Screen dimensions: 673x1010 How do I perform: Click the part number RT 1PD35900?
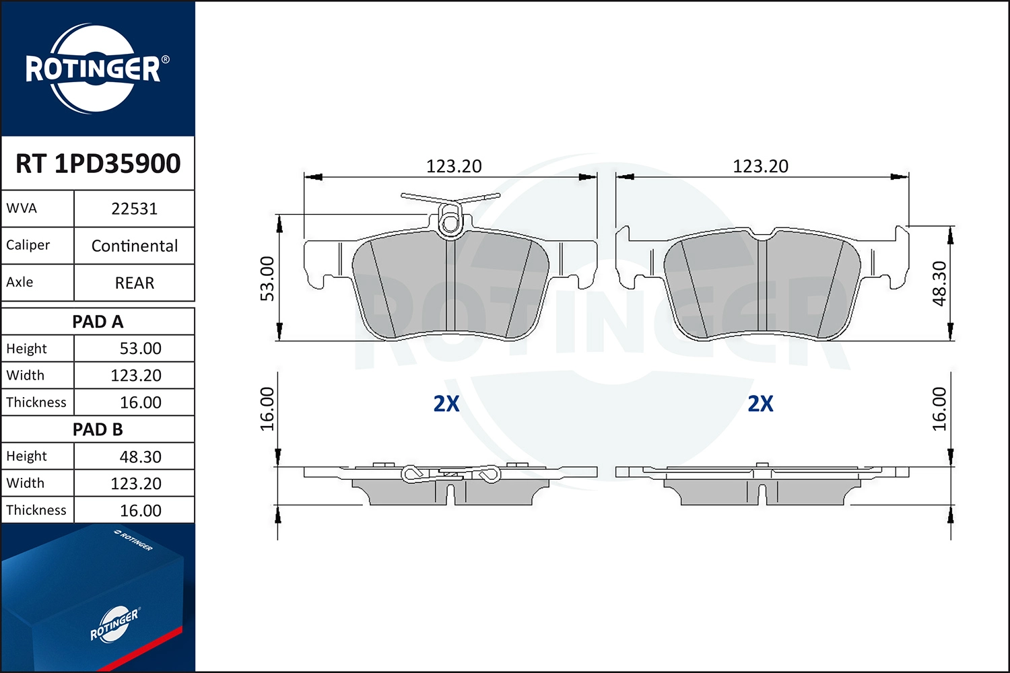(x=98, y=164)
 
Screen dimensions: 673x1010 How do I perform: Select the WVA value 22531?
(x=134, y=209)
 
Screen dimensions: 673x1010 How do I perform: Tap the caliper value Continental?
(x=135, y=246)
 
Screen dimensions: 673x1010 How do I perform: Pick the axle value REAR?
(x=135, y=283)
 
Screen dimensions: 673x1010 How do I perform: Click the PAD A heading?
(x=98, y=322)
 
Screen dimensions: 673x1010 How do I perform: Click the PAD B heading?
(x=98, y=429)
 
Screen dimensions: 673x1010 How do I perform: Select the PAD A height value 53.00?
(x=140, y=349)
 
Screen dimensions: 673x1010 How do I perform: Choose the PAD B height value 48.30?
(x=140, y=457)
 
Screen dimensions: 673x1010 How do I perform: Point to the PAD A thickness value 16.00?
(x=140, y=402)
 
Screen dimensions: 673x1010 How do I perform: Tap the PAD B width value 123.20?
(x=136, y=483)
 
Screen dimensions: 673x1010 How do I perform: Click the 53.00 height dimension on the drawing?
(x=267, y=279)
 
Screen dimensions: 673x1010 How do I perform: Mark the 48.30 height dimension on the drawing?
(x=939, y=283)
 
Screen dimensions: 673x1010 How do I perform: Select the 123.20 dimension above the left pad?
(x=454, y=166)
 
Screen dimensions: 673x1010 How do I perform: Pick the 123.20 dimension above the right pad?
(x=760, y=166)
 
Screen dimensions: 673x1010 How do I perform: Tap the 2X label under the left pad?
(x=446, y=404)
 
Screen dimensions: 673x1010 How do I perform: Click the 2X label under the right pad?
(x=760, y=404)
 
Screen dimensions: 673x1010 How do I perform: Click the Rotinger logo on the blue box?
(x=114, y=625)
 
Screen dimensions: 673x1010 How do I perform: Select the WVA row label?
(x=22, y=209)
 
